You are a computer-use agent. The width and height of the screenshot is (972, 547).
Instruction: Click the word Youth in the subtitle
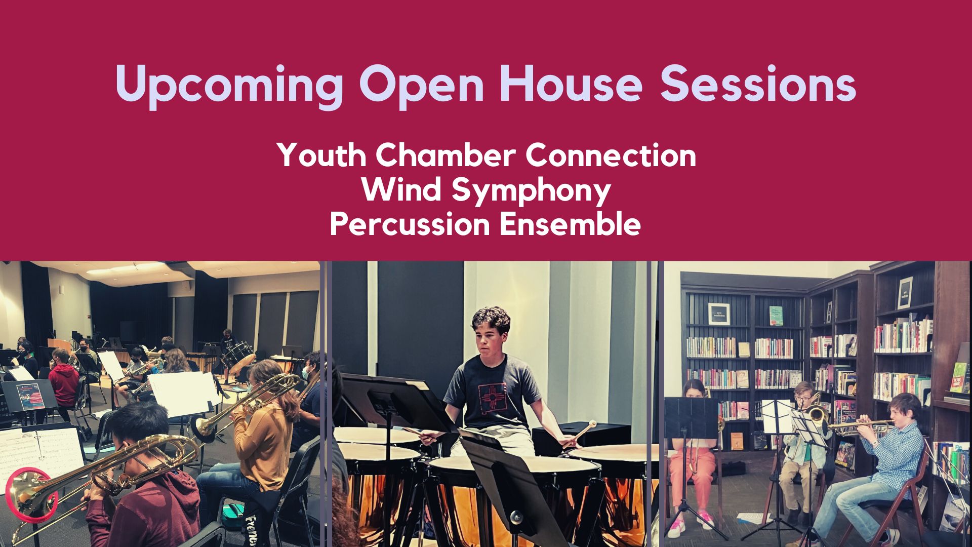[321, 155]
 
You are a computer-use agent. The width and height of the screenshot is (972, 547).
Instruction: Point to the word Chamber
[446, 155]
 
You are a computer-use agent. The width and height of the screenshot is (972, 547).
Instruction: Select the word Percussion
[410, 224]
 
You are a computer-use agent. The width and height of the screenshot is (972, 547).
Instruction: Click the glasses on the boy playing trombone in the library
[802, 398]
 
